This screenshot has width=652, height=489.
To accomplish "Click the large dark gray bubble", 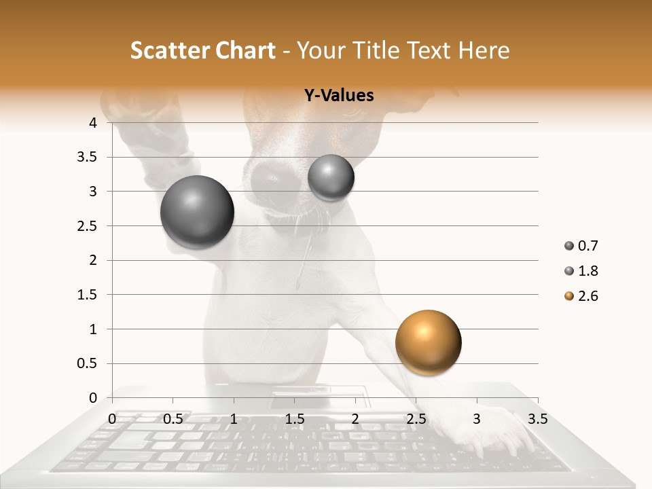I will pos(197,212).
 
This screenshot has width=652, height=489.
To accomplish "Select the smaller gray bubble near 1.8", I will pos(331,177).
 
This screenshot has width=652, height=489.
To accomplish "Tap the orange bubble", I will pos(428,342).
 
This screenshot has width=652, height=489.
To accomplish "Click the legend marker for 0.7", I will pos(569,246).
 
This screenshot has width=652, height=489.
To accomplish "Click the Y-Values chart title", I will pos(338,96).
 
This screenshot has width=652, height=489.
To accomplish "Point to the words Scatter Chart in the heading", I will pos(202,50).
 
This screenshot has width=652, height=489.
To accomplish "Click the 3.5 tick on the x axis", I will pos(537,419).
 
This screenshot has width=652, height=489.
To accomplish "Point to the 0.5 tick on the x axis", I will pos(173,419).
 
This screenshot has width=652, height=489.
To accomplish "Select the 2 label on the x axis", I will pos(355,419).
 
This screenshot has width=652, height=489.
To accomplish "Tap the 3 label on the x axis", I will pos(476,419).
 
